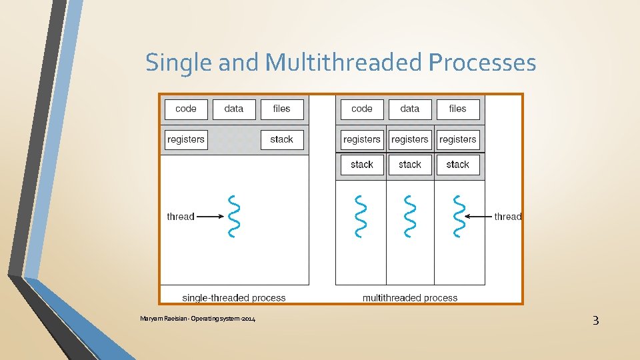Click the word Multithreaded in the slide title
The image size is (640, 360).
[x=343, y=63]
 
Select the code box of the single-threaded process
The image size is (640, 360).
[x=186, y=109]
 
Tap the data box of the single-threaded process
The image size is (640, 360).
[x=234, y=109]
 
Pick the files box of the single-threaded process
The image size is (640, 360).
[x=282, y=109]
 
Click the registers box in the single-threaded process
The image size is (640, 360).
[x=186, y=139]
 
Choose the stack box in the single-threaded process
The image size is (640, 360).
[x=282, y=139]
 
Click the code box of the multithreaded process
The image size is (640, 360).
[x=362, y=109]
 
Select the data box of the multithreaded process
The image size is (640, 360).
[x=410, y=109]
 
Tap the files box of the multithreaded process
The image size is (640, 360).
[x=458, y=109]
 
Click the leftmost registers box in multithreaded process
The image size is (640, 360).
[x=362, y=139]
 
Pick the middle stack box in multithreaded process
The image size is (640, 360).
[x=410, y=165]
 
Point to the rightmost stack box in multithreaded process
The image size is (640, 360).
[x=458, y=165]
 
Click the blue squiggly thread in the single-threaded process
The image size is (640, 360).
[x=233, y=216]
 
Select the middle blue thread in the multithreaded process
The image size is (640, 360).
[x=410, y=216]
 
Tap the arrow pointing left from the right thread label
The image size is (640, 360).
[x=477, y=216]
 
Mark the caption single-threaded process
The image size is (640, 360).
[x=234, y=298]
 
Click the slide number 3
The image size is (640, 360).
[x=595, y=321]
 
